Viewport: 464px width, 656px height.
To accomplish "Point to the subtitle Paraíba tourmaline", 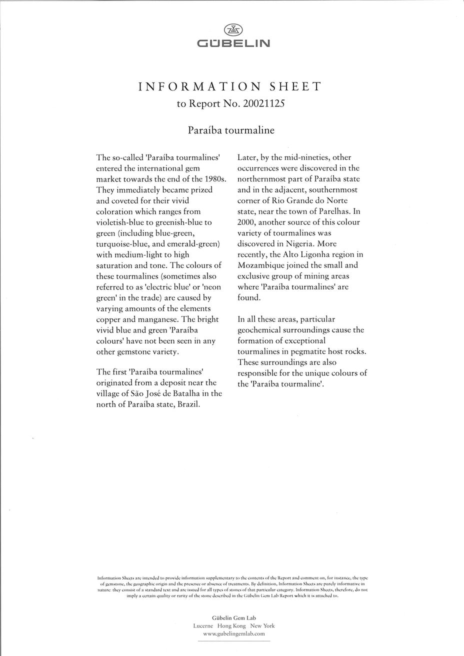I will click(x=231, y=130).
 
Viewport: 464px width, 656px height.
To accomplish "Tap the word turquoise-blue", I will click(x=123, y=244).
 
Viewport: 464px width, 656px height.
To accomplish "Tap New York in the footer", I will click(x=262, y=625).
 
